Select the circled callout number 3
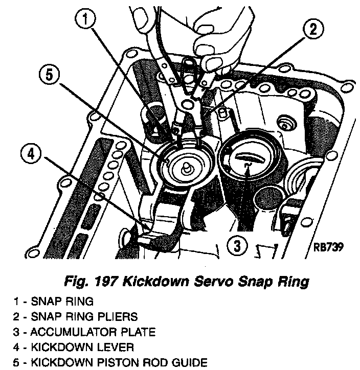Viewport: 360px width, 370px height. coord(236,246)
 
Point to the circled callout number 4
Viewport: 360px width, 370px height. coord(32,153)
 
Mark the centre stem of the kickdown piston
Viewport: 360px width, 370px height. coord(187,167)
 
